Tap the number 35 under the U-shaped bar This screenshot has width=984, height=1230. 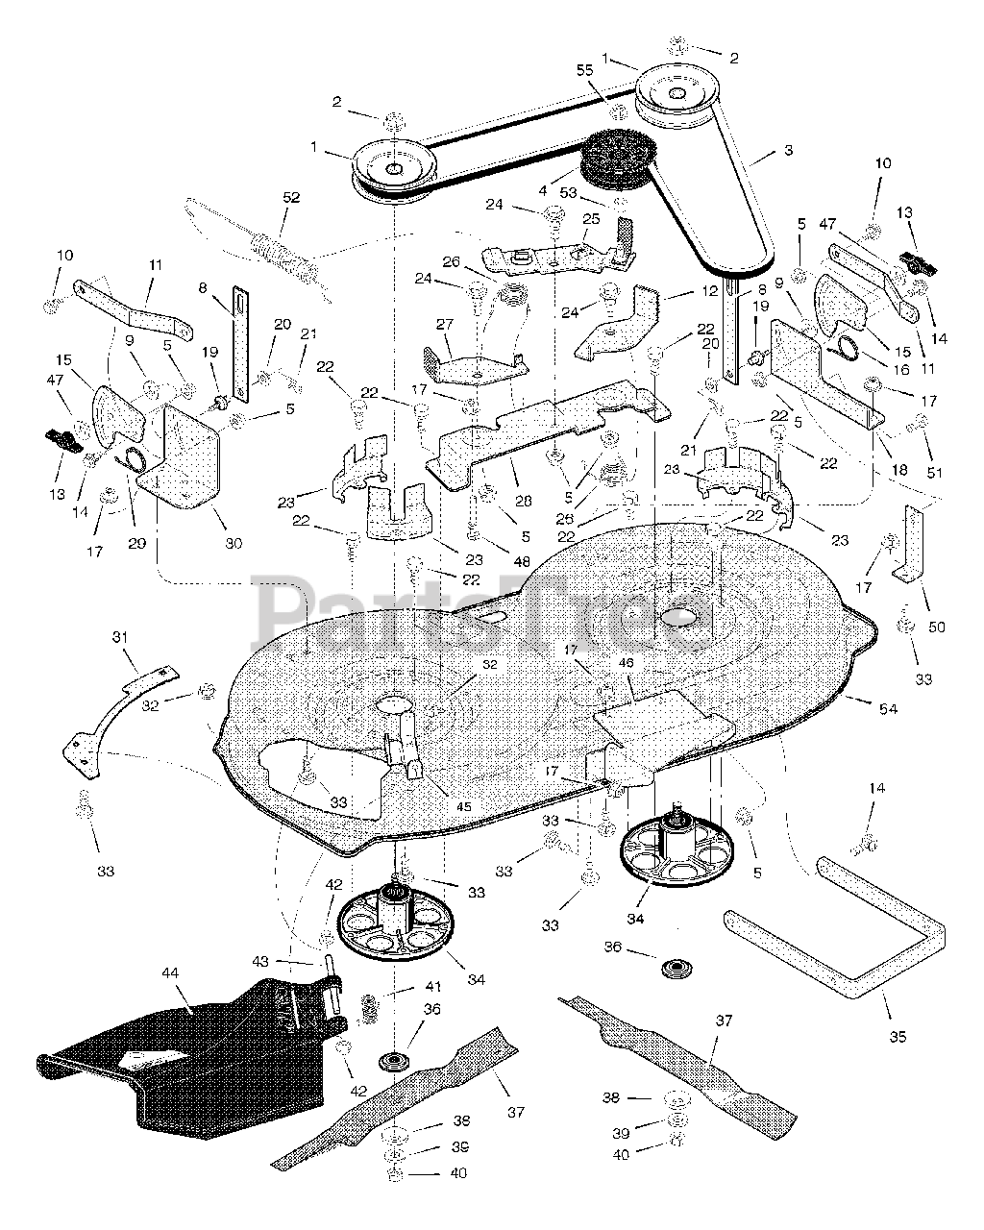point(898,1037)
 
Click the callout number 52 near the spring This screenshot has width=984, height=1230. point(291,198)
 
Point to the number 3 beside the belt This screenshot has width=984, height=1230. point(788,150)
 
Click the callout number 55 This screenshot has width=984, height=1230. point(611,71)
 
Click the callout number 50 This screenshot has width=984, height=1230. point(937,627)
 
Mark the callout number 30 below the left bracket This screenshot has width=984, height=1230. point(234,543)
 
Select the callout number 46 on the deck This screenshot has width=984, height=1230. point(627,662)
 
